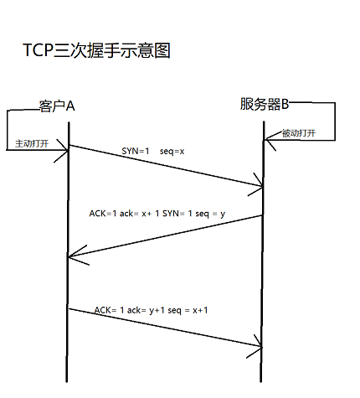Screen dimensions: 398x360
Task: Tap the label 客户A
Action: (x=57, y=106)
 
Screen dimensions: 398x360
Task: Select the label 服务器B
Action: (x=264, y=104)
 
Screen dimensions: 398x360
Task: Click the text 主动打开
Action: (x=32, y=143)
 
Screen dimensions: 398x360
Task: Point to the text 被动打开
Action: (x=299, y=132)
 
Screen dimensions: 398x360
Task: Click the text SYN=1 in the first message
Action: (x=136, y=152)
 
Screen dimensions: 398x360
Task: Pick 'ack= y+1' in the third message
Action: (x=154, y=309)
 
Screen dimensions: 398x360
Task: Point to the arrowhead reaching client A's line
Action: (x=74, y=252)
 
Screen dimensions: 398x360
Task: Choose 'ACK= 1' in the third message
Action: (x=110, y=309)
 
